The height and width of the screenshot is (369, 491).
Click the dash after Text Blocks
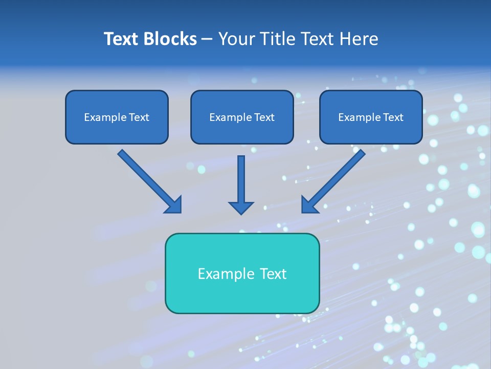click(207, 39)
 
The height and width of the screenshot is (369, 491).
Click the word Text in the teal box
click(272, 274)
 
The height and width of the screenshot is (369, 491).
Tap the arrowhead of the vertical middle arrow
click(241, 207)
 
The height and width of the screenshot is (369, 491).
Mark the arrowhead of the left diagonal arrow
click(174, 205)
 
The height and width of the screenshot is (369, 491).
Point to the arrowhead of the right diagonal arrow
click(309, 204)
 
